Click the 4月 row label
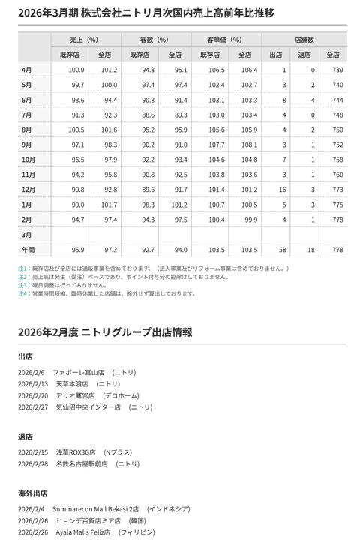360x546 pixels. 27,70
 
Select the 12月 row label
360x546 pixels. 28,190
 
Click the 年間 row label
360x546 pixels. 28,250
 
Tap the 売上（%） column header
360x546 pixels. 84,39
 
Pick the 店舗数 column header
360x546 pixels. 304,39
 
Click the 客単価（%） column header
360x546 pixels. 224,39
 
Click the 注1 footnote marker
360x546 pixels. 22,268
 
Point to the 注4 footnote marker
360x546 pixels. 22,293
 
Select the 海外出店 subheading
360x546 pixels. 33,493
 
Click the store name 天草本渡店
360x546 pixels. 74,383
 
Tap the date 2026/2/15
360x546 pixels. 33,452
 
